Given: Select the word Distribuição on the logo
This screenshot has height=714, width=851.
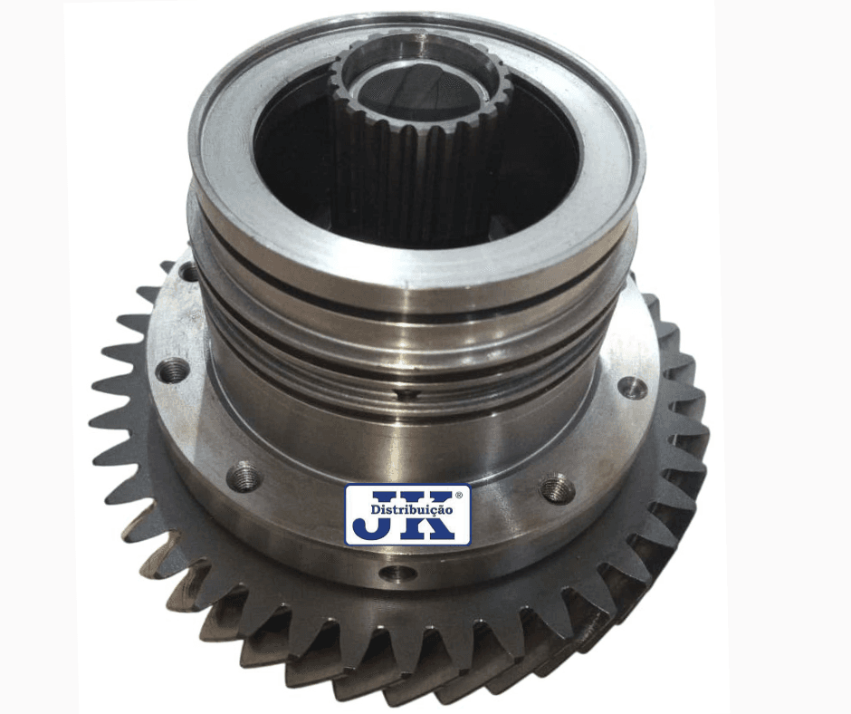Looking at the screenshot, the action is tap(412, 510).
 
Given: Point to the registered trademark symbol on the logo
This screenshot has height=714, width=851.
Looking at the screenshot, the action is tap(459, 495).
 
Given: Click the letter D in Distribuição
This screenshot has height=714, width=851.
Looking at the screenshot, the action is tap(375, 510).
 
